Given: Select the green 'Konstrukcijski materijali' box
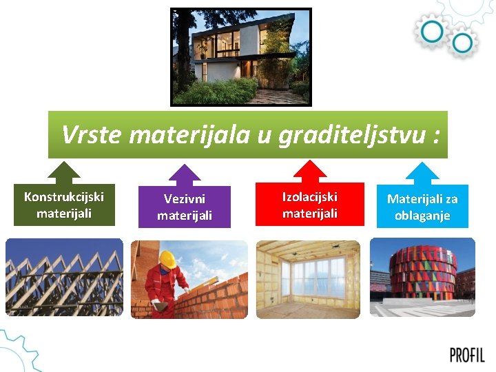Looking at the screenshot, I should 64,205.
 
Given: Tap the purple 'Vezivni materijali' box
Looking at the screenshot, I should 184,207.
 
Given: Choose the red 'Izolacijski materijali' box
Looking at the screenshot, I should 310,205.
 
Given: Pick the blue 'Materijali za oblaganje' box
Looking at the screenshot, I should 422,207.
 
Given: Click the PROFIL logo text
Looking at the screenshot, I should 467,355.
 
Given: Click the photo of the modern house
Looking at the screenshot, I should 241,57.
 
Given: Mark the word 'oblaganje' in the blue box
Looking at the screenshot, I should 422,216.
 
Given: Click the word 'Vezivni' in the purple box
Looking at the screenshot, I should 184,199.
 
